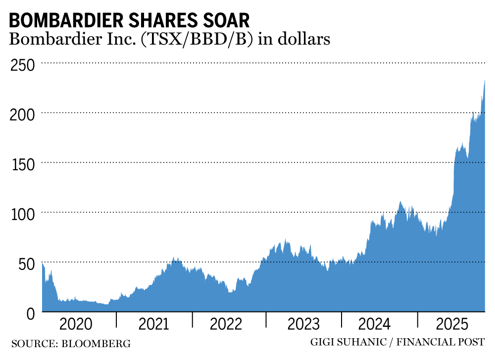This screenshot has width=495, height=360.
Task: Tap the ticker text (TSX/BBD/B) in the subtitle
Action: coord(196,40)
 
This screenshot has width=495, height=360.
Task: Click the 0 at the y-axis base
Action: coord(31,313)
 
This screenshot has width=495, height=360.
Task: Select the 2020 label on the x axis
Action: coord(75,325)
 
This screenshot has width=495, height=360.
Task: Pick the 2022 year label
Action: coord(226,325)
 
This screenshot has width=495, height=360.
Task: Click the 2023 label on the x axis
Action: coord(303,325)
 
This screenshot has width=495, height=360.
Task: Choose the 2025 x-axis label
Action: coord(451,325)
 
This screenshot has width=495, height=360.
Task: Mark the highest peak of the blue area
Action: coord(484,81)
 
